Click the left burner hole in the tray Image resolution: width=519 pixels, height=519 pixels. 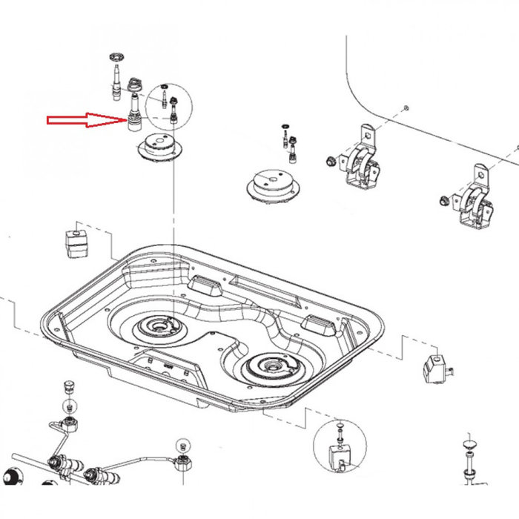(158, 326)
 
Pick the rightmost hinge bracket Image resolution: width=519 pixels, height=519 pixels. (475, 203)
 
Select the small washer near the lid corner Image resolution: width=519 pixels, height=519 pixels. (406, 109)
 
